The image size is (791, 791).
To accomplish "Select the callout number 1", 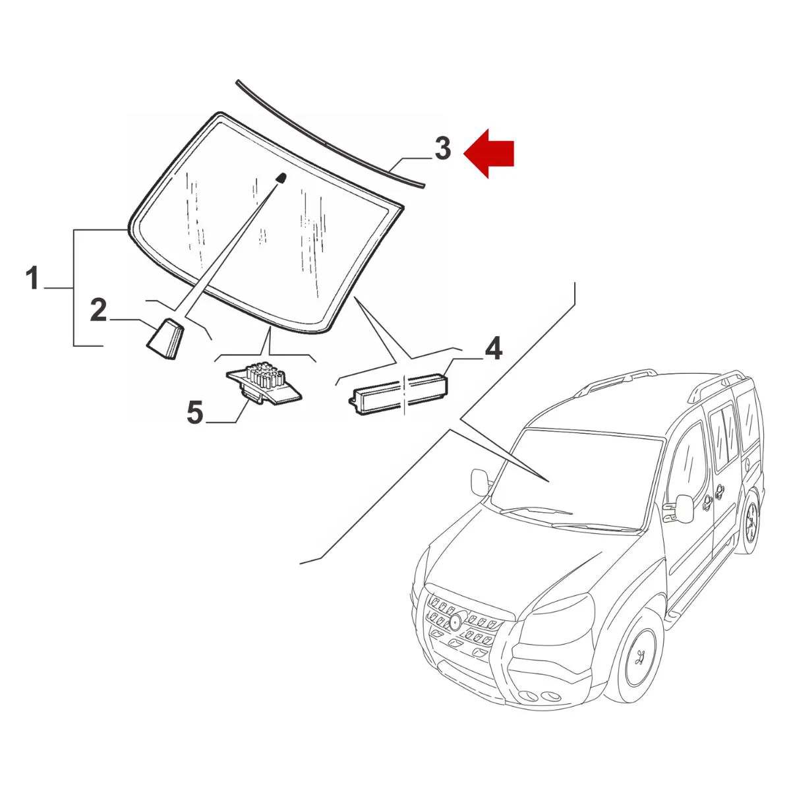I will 32,279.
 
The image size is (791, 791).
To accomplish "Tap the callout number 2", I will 98,310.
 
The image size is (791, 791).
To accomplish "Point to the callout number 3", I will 442,149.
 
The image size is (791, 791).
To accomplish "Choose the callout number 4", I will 494,349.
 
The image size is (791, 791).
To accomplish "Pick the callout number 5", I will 194,413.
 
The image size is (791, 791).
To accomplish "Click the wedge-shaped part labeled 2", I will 165,338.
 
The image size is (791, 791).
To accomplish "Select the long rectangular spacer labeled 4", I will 398,393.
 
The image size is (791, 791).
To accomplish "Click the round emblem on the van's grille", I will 455,621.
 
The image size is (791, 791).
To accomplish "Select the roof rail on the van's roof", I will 616,382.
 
